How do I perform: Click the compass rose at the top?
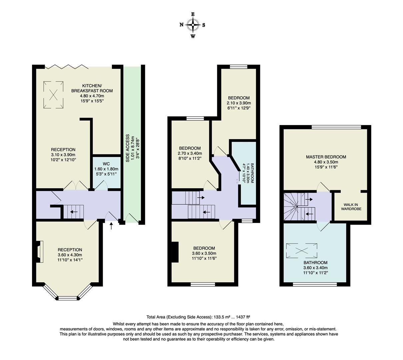(x=193, y=25)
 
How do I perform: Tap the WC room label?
(x=106, y=164)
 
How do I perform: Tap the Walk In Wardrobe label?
(x=351, y=207)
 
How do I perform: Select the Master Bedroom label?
(x=326, y=157)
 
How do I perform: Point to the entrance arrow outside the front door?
(x=111, y=227)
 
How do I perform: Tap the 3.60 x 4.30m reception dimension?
(x=70, y=255)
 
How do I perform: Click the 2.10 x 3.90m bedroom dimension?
(x=239, y=103)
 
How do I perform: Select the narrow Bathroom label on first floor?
(x=252, y=173)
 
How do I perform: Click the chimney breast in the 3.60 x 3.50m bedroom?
(x=174, y=252)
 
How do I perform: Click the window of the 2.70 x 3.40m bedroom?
(x=195, y=118)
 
